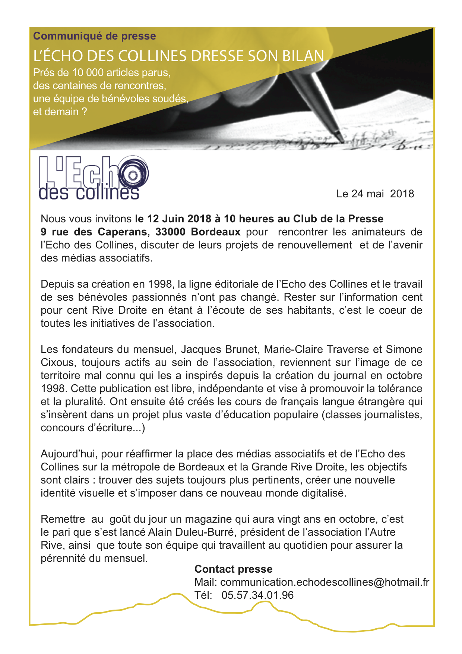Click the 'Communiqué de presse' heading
[x=94, y=36]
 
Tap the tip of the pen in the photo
[x=342, y=141]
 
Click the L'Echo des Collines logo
[x=94, y=178]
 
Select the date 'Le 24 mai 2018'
[x=375, y=194]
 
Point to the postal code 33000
[x=170, y=232]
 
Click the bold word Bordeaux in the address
[x=216, y=232]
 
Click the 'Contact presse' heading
[x=233, y=569]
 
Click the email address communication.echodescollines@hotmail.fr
[x=325, y=582]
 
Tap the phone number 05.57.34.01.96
[x=257, y=595]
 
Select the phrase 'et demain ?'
[x=60, y=112]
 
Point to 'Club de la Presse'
[x=338, y=219]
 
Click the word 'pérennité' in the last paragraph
[x=63, y=558]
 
